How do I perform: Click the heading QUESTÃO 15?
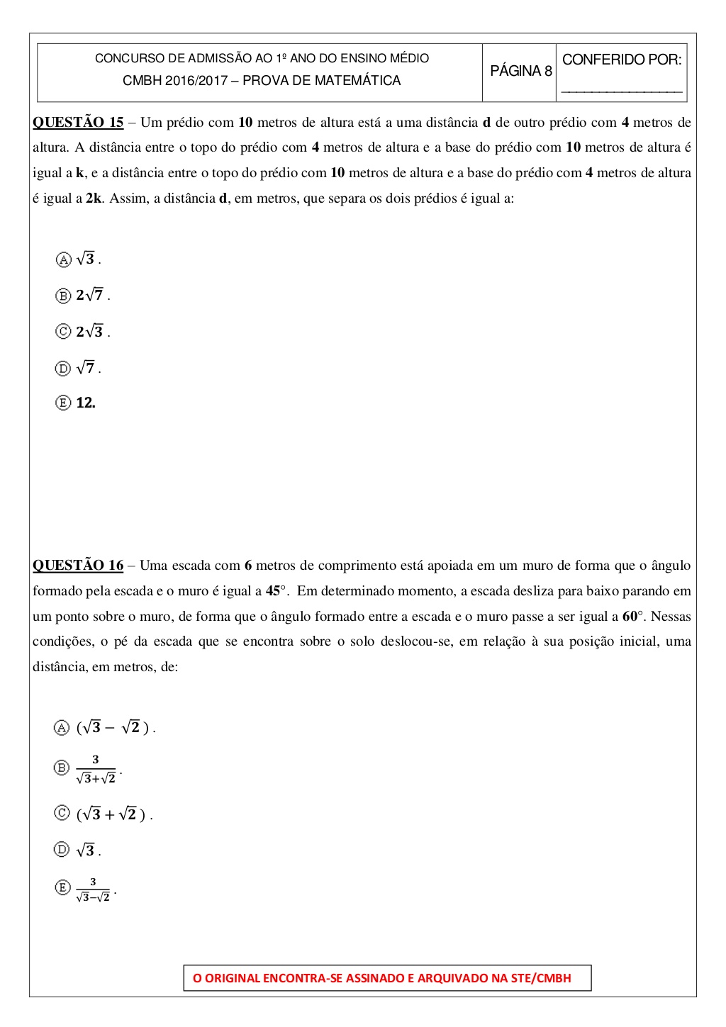[78, 123]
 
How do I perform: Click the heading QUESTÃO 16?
[78, 566]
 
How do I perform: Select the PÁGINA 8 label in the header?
[520, 71]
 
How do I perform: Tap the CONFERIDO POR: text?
[621, 60]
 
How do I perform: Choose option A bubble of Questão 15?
[63, 259]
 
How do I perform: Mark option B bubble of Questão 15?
[63, 296]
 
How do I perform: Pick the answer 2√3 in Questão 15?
[90, 332]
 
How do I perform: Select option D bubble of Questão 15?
[63, 368]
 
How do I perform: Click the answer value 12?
[85, 403]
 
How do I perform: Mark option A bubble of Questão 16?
[62, 727]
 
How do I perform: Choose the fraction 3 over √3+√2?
[96, 770]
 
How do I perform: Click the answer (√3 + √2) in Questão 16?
[111, 814]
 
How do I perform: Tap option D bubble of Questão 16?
[62, 849]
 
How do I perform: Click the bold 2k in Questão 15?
[94, 198]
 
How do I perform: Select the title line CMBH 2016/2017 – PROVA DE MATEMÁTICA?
[262, 81]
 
